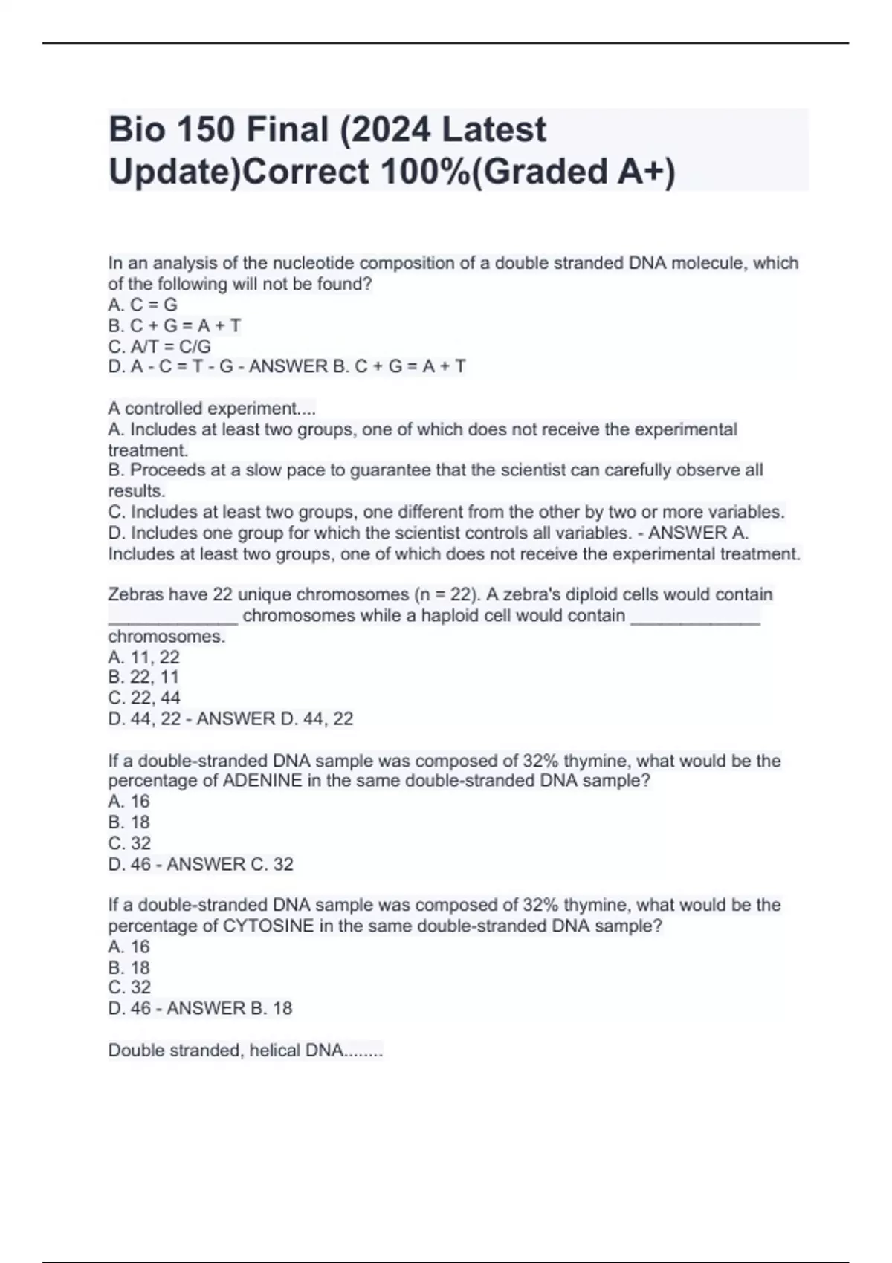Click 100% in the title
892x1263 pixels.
[425, 172]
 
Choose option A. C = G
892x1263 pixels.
[143, 305]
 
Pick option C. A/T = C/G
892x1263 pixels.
[159, 346]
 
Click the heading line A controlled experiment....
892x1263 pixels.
[212, 409]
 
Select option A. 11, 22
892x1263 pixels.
[143, 657]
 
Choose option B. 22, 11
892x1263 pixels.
[143, 677]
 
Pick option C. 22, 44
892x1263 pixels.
[144, 698]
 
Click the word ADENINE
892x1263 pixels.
[262, 781]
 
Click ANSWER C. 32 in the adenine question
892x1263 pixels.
[230, 864]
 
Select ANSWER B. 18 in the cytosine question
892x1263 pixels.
[230, 1008]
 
